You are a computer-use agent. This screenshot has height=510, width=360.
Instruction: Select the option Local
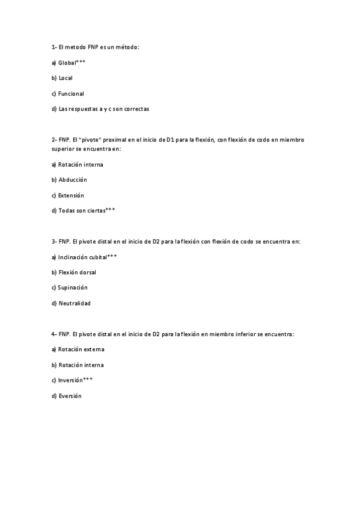[66, 78]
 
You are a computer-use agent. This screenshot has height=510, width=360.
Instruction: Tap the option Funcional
[71, 94]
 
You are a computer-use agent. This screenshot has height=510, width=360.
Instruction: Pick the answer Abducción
[72, 180]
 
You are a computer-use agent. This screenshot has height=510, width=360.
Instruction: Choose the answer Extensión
[71, 195]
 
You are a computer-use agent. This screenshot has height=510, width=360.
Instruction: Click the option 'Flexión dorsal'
[77, 272]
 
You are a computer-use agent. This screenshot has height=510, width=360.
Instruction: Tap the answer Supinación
[73, 288]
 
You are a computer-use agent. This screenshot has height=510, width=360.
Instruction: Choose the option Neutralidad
[75, 304]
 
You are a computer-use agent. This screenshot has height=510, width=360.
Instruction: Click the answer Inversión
[70, 381]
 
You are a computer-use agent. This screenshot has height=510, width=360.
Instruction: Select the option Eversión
[70, 396]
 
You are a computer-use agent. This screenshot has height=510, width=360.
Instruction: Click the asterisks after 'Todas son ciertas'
[110, 210]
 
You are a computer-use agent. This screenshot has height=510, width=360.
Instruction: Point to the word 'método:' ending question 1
[127, 47]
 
